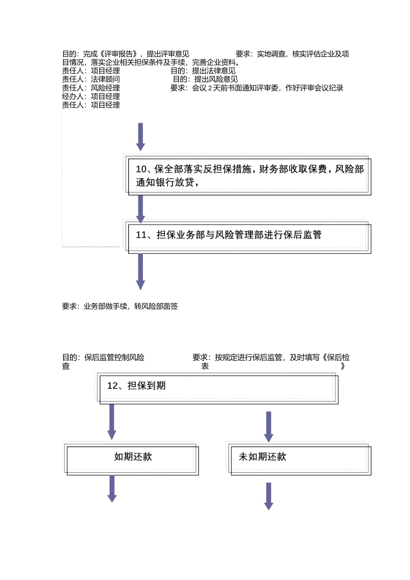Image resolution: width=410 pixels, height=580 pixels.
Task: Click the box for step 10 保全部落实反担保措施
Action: coord(249,176)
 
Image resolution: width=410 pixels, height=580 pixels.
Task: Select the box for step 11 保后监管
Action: coord(249,237)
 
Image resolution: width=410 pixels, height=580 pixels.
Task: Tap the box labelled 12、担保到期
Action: coord(218,389)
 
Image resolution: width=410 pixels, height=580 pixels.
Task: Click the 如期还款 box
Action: coord(132,460)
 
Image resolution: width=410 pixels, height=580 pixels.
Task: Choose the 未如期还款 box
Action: coord(301,460)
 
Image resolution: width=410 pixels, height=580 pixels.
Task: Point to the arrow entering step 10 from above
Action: coord(140,136)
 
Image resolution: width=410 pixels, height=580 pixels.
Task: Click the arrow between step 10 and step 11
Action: coord(140,208)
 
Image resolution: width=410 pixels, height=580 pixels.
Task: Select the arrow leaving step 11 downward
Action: coord(140,271)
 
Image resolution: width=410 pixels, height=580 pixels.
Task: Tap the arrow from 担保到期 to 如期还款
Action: coord(112,422)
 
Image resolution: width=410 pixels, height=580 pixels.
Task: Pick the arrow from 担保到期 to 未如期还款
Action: coord(268,426)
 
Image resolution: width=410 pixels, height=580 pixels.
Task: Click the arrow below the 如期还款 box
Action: coord(112,489)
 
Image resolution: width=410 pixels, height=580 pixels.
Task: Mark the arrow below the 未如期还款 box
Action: coord(268,496)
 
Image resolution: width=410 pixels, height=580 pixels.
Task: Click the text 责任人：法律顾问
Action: coord(91,79)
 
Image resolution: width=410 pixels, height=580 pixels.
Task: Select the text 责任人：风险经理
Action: coord(91,88)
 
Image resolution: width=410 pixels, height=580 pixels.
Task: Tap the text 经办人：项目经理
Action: coord(91,97)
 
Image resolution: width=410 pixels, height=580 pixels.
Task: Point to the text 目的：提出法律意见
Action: coord(203,71)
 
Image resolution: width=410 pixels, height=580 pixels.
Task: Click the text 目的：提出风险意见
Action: coord(205,79)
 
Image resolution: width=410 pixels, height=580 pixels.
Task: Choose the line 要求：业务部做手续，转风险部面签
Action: coord(120,306)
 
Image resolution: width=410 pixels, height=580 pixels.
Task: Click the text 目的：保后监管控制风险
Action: coord(104,358)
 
